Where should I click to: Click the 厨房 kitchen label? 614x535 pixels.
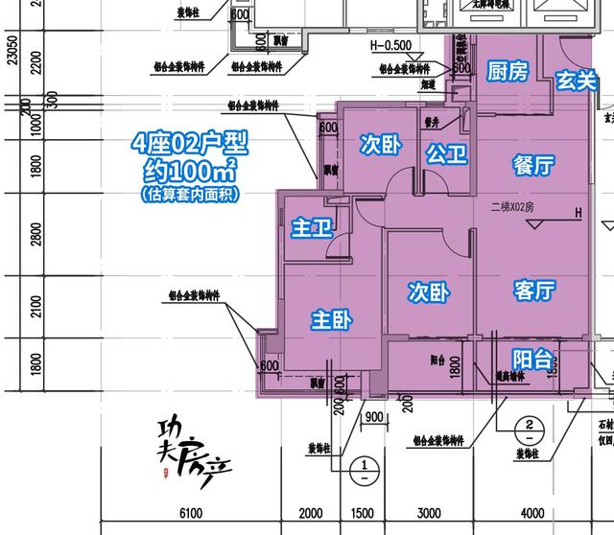click(x=508, y=72)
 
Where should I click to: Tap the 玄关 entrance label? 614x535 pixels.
click(x=577, y=82)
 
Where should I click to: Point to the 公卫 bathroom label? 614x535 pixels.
click(x=446, y=153)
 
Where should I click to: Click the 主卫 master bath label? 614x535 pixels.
click(x=311, y=228)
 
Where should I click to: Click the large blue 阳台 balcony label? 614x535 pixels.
click(x=532, y=360)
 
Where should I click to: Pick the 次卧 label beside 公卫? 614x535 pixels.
click(x=380, y=144)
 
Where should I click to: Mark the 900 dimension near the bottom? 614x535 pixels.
click(x=374, y=417)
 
